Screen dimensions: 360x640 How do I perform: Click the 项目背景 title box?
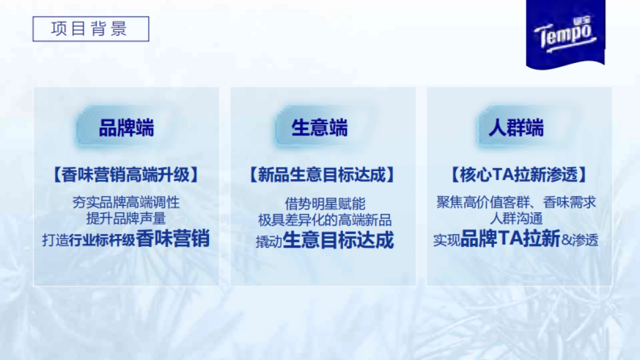[x=90, y=29]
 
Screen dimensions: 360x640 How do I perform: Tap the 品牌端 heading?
[x=126, y=129]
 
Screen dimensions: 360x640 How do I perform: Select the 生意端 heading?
[x=319, y=129]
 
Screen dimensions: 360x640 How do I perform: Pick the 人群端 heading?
[x=516, y=129]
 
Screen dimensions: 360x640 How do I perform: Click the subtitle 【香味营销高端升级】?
[x=126, y=175]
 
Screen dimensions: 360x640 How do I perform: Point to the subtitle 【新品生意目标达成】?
[x=323, y=175]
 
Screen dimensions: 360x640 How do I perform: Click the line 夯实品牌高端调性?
[x=126, y=203]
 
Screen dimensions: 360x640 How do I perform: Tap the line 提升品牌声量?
[x=126, y=218]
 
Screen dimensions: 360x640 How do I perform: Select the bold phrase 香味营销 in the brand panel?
[x=173, y=238]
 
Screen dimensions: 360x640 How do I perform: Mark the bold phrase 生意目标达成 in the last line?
[x=338, y=240]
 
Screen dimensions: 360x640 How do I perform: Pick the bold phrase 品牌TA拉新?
[x=510, y=239]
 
